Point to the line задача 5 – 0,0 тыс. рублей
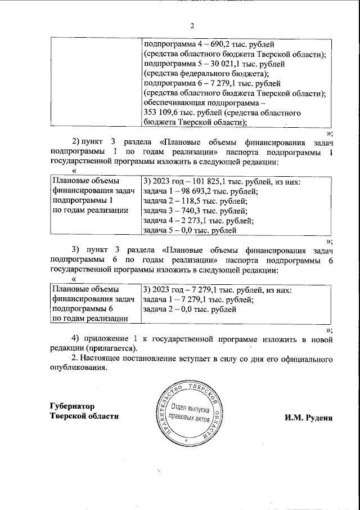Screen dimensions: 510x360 point(189,230)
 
